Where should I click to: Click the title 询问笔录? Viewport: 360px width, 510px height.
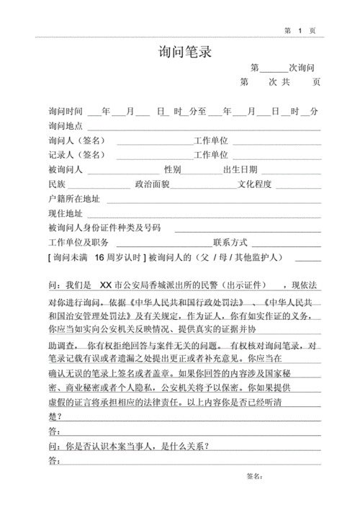pos(184,53)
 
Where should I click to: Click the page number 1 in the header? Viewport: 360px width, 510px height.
pos(299,31)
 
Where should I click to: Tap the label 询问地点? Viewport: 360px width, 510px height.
pos(66,126)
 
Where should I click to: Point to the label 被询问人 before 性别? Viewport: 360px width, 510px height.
pos(66,170)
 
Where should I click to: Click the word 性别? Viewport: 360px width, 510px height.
pos(173,170)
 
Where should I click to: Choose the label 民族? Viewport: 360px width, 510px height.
pos(57,184)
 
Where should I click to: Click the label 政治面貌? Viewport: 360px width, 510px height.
pos(152,184)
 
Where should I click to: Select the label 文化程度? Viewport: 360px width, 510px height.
pos(255,184)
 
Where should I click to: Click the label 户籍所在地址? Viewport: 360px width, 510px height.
pos(74,199)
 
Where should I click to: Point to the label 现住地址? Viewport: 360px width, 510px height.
pos(66,214)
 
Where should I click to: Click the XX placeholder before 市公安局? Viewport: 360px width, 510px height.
pos(106,285)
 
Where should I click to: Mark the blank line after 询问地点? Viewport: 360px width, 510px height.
pos(202,127)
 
